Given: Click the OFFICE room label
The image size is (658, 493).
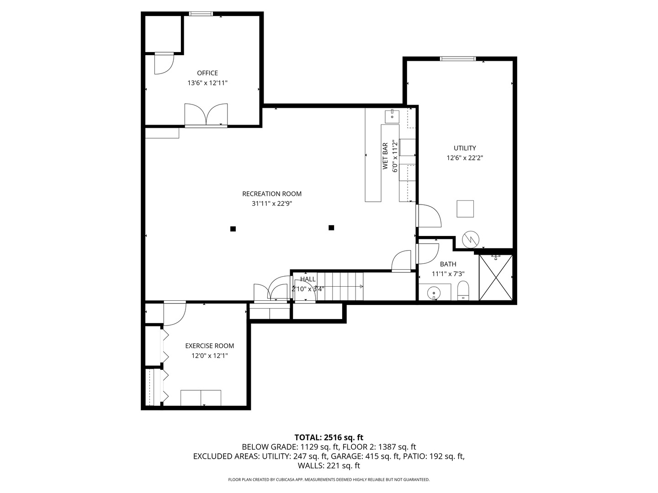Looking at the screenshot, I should pyautogui.click(x=207, y=73).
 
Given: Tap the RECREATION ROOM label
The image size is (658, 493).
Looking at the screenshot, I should pyautogui.click(x=272, y=194).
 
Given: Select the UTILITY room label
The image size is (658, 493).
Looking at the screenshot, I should pyautogui.click(x=465, y=148).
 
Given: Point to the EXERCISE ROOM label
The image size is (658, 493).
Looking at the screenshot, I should pyautogui.click(x=209, y=346).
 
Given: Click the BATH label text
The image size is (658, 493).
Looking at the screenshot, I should pyautogui.click(x=448, y=264).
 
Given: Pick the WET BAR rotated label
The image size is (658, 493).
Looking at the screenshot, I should pyautogui.click(x=385, y=156).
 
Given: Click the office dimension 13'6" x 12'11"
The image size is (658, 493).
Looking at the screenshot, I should pyautogui.click(x=207, y=83).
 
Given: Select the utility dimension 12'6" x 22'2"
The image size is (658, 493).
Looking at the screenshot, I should pyautogui.click(x=465, y=158).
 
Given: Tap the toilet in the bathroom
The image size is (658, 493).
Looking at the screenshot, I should pyautogui.click(x=463, y=291).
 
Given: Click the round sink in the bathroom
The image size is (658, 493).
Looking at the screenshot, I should pyautogui.click(x=433, y=292).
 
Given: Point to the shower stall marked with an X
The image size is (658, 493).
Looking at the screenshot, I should pyautogui.click(x=496, y=278).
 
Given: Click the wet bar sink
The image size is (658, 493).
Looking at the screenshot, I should pyautogui.click(x=392, y=116).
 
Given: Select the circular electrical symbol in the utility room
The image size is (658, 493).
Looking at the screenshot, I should pyautogui.click(x=470, y=239).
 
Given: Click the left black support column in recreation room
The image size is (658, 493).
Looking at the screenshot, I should pyautogui.click(x=233, y=229).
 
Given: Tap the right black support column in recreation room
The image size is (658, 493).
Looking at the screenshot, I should pyautogui.click(x=331, y=227).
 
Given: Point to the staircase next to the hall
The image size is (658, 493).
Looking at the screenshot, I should pyautogui.click(x=340, y=286).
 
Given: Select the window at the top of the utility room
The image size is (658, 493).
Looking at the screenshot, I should pyautogui.click(x=458, y=58).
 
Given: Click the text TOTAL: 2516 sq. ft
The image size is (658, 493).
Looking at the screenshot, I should pyautogui.click(x=329, y=437).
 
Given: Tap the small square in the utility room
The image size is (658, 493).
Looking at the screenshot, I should pyautogui.click(x=465, y=209).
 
